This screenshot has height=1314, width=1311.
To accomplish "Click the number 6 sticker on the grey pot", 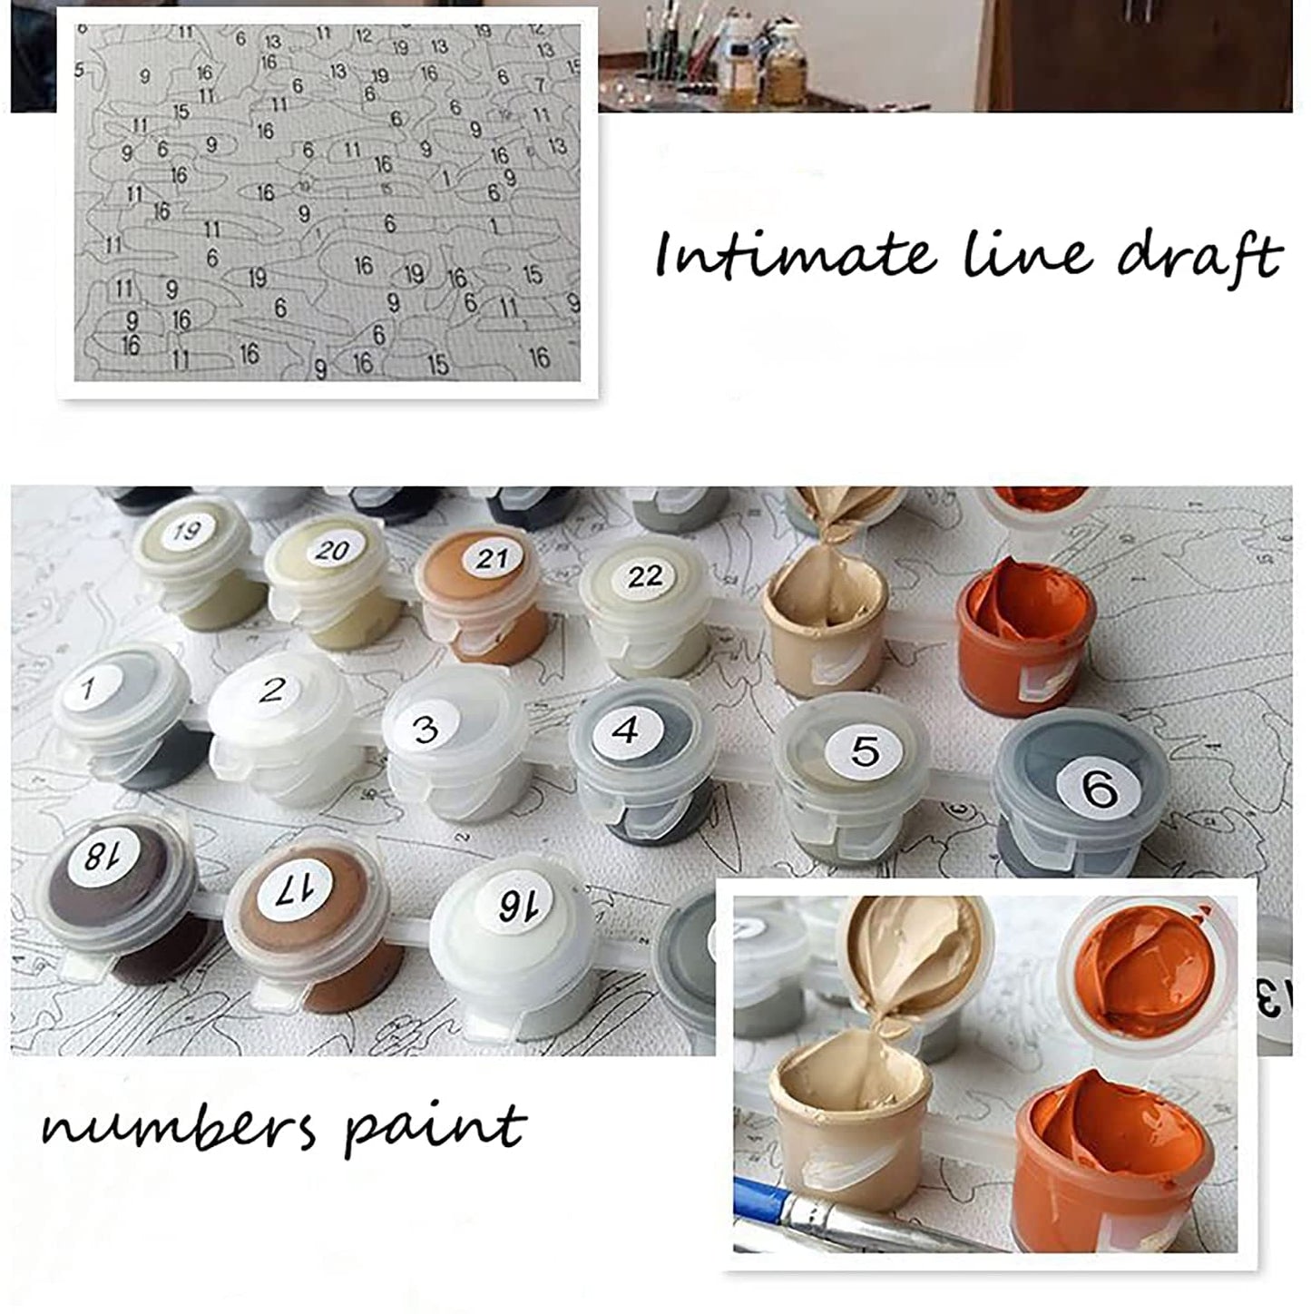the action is pos(1099,789).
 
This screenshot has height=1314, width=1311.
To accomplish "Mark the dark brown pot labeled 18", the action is pos(122,900).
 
